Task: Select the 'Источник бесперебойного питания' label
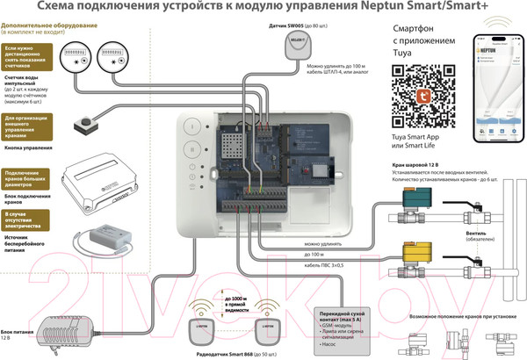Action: tap(26, 243)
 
